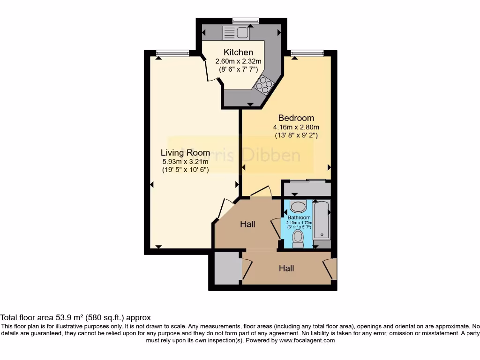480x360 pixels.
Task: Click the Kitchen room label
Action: tap(238, 52)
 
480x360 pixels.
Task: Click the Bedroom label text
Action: tap(296, 118)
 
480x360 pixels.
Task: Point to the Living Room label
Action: tap(185, 152)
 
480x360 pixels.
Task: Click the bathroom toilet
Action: tap(298, 238)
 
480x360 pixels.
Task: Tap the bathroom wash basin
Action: tap(298, 205)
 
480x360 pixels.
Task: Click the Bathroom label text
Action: tap(299, 218)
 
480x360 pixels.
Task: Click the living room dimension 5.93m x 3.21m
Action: tap(185, 161)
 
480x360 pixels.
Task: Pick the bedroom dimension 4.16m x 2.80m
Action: tap(296, 127)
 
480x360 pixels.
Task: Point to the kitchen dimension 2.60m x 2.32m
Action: tap(238, 61)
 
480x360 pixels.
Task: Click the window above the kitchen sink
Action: tap(246, 20)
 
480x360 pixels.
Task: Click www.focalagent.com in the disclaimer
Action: tap(307, 341)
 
